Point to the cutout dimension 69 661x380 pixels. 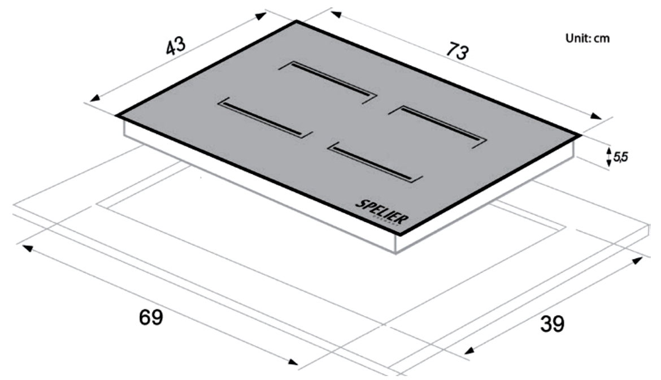click(151, 317)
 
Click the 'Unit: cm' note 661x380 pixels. click(588, 39)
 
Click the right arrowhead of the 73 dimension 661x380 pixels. click(597, 116)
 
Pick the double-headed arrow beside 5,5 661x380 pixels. click(608, 157)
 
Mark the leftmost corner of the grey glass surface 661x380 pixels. click(116, 116)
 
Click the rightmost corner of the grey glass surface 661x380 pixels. click(580, 135)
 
